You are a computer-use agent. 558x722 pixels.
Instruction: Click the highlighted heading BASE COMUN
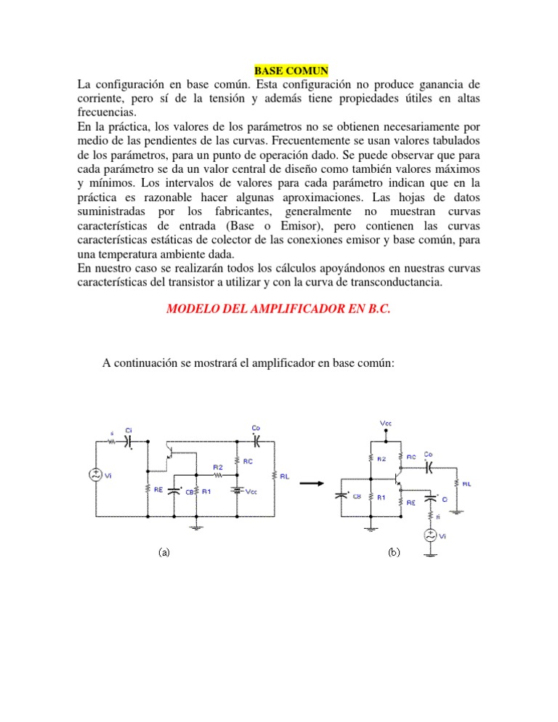tap(291, 70)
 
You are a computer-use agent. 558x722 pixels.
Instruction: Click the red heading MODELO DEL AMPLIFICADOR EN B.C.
tap(278, 308)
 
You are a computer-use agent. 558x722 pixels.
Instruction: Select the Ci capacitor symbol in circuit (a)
tap(129, 439)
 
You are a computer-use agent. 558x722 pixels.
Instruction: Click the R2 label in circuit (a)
tap(217, 467)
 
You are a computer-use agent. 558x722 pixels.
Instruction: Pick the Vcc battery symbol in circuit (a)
tap(238, 490)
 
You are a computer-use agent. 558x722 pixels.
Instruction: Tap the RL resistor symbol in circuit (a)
tap(275, 476)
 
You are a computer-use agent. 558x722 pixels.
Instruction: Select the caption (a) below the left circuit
tap(165, 552)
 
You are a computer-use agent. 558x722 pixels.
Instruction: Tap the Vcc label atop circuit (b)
tap(386, 423)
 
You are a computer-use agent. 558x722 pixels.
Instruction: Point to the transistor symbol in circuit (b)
tap(397, 479)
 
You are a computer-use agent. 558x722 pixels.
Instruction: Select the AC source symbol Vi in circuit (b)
tap(432, 536)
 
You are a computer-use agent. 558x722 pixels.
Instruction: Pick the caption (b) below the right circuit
tap(394, 552)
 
